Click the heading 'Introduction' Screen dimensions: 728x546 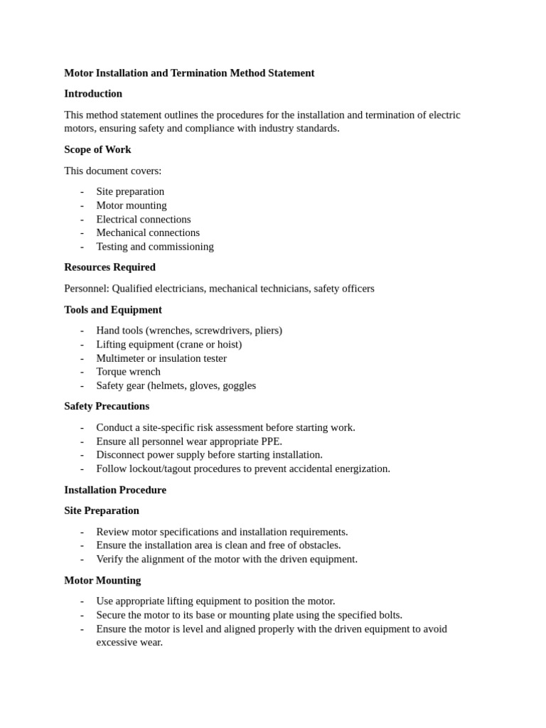(93, 94)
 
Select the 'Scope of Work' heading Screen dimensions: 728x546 (97, 149)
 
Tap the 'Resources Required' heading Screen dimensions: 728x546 (109, 267)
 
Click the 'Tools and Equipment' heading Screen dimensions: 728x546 (113, 310)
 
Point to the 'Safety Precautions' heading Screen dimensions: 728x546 (107, 406)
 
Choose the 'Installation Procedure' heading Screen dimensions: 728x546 (115, 490)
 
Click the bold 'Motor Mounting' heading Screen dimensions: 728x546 (102, 580)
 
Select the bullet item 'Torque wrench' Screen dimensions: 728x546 (129, 372)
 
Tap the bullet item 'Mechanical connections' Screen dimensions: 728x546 (148, 232)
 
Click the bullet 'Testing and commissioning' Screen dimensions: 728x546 (155, 247)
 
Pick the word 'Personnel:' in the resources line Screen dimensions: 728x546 (87, 289)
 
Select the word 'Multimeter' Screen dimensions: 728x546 (120, 358)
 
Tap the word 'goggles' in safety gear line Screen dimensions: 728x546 (239, 385)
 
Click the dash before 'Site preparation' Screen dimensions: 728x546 (82, 191)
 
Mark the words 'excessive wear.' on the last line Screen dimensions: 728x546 (129, 642)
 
